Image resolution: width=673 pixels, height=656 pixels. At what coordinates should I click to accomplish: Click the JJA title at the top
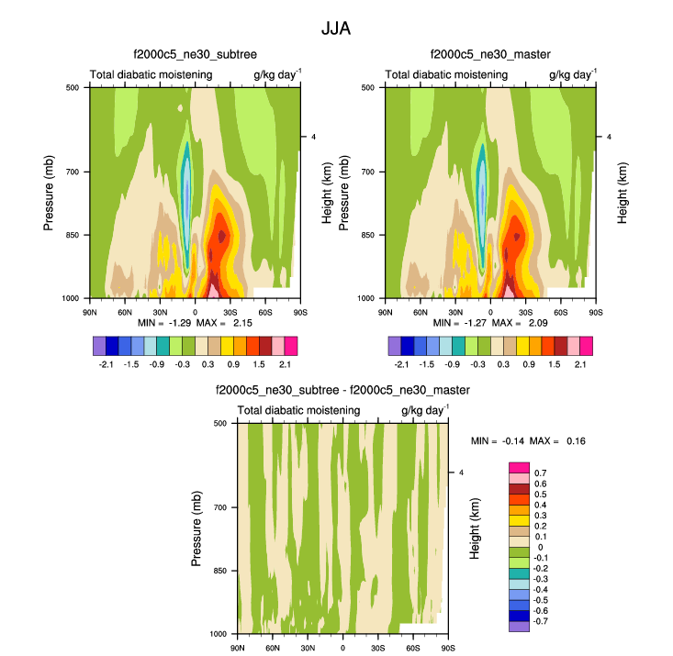[336, 28]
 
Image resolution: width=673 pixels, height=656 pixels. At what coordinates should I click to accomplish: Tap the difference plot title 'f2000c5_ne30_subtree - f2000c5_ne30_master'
[342, 391]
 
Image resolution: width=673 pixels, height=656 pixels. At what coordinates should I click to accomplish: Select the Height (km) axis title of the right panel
[622, 193]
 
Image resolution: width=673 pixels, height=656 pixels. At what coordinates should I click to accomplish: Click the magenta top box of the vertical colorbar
[520, 467]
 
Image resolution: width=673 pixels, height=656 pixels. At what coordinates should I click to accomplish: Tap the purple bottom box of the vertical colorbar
[520, 626]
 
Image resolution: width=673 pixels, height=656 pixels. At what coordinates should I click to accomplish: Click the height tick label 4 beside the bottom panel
[462, 473]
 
